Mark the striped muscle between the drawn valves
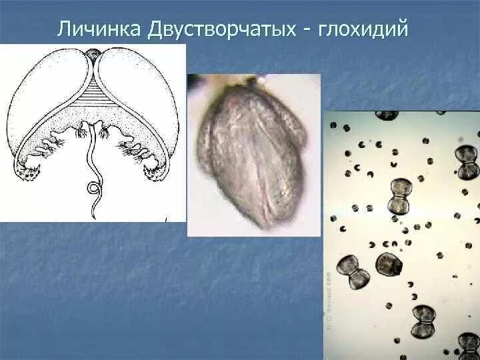96,97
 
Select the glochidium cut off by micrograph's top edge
387,115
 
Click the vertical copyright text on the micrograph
329,300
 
